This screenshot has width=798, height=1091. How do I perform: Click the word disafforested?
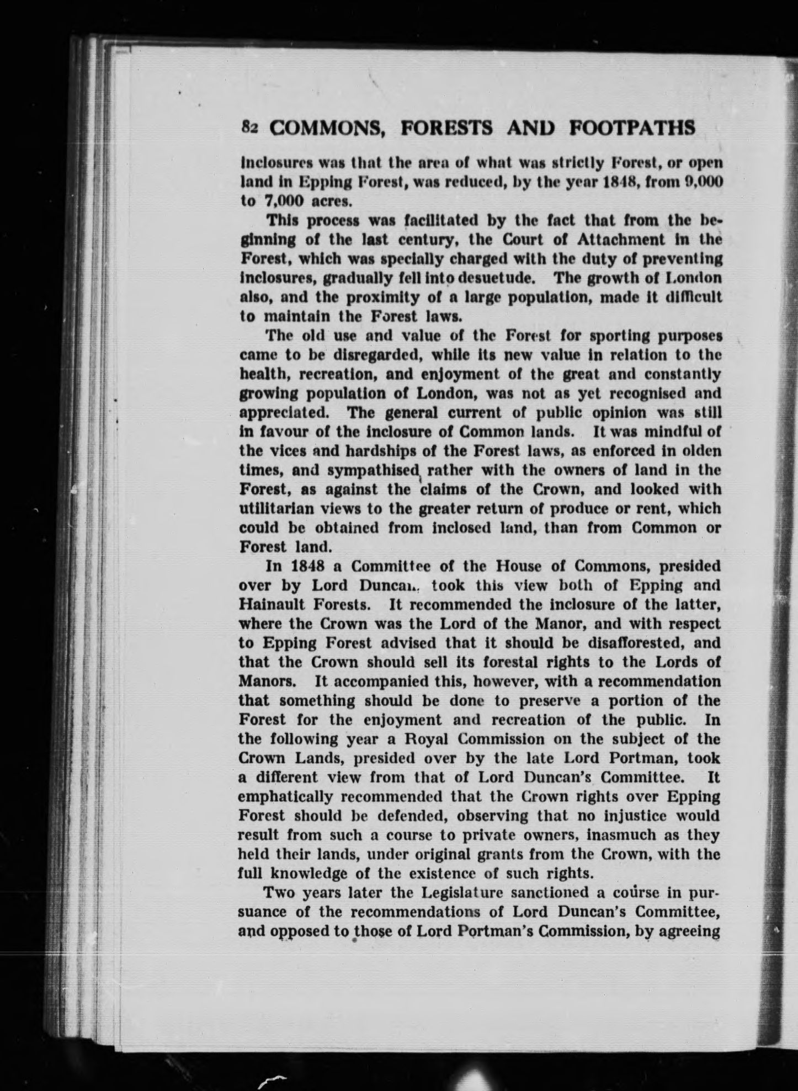631,643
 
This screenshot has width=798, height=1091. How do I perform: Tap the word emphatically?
285,797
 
